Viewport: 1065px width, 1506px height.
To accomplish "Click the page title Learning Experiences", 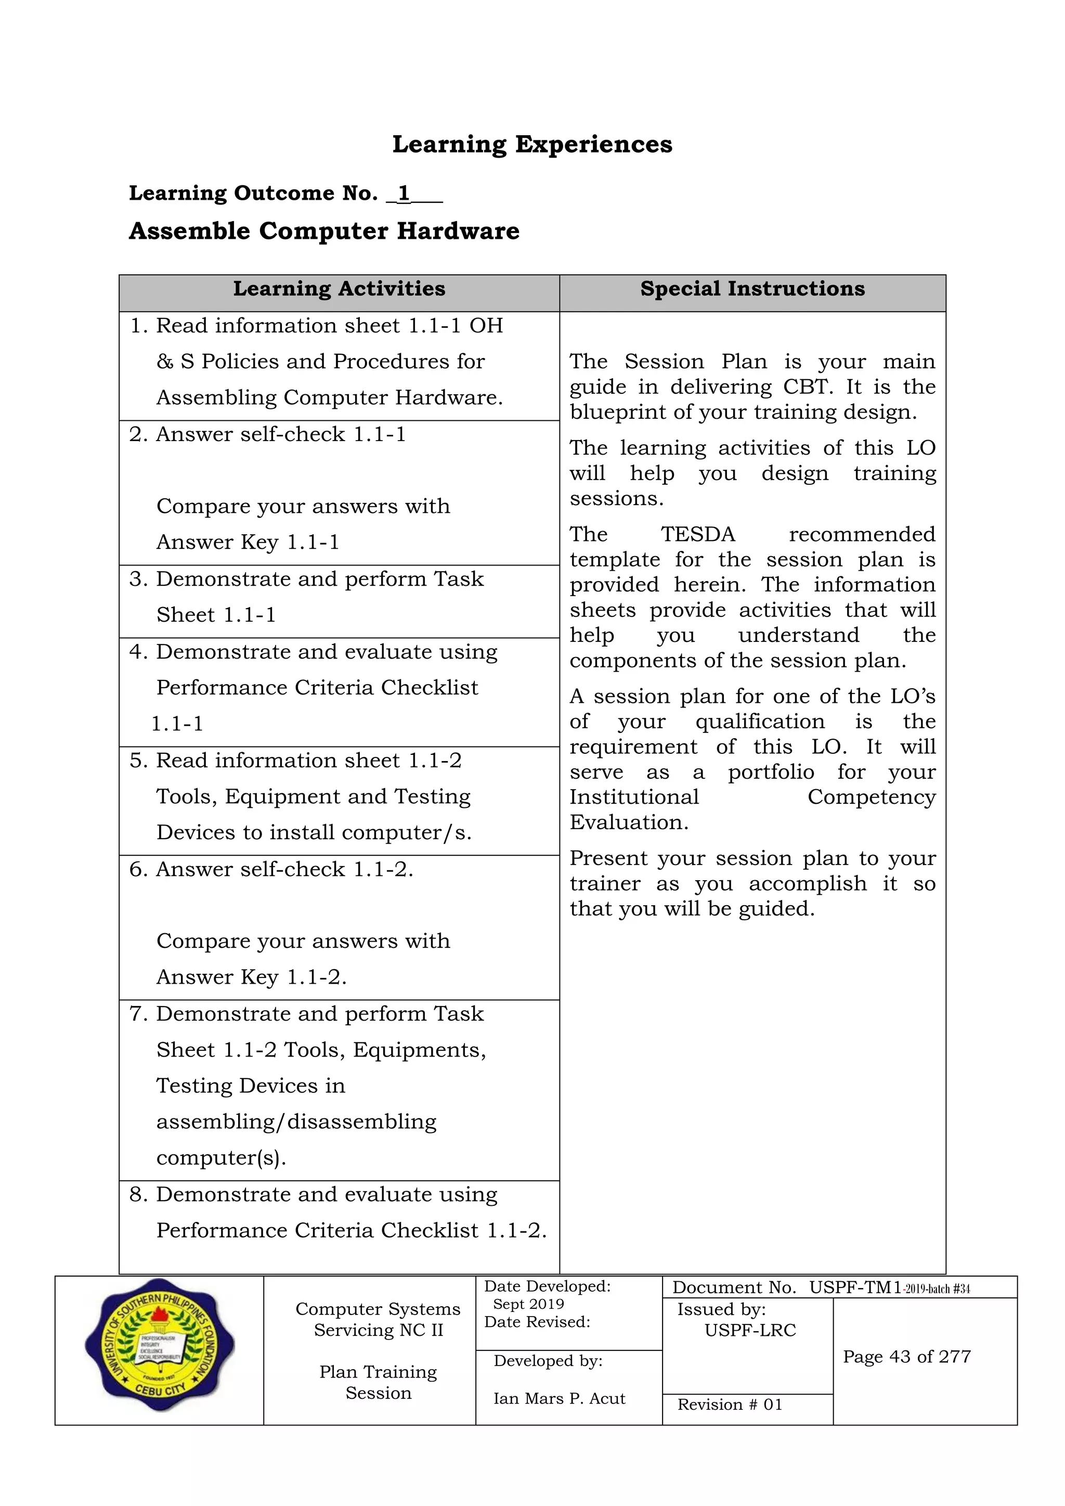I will pos(532,144).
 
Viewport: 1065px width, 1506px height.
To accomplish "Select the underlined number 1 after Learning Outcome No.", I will pos(404,193).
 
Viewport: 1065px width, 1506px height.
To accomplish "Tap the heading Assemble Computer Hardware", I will pos(324,231).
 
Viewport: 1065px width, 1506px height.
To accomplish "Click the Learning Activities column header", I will pos(339,289).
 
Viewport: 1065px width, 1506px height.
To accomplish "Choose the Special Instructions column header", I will pos(752,289).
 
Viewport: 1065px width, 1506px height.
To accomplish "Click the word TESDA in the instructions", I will pos(698,535).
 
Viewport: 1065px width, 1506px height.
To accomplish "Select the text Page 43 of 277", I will pos(906,1357).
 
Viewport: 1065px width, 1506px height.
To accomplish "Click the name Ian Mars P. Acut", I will pos(560,1398).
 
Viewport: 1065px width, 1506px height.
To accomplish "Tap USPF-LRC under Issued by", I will pos(750,1330).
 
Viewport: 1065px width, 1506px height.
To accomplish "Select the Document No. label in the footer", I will pos(734,1288).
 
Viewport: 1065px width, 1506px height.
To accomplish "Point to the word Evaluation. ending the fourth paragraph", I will pos(628,822).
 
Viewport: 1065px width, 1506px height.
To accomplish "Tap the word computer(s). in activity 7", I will pos(221,1157).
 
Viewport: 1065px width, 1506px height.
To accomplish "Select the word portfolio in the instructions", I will pos(771,772).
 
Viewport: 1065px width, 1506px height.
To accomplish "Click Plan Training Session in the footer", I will pos(379,1382).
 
